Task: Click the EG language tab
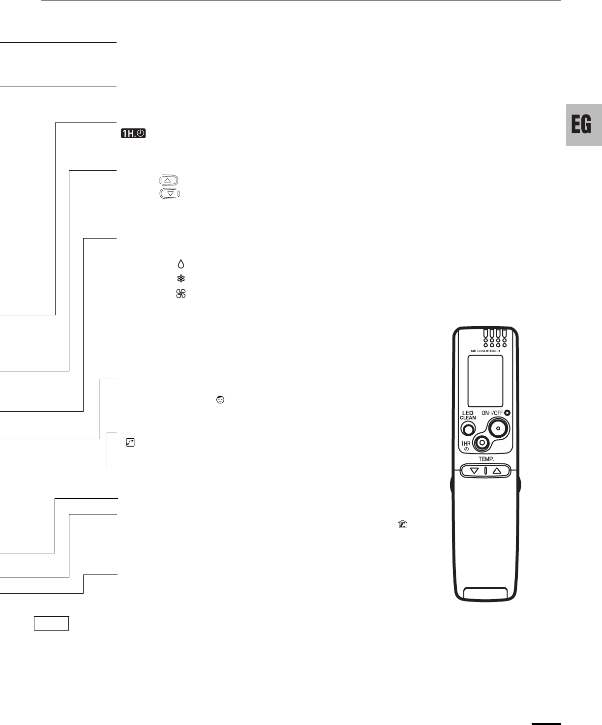[x=583, y=125]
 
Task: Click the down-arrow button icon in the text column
[x=170, y=194]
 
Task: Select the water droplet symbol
[x=181, y=264]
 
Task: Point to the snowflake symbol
[x=181, y=278]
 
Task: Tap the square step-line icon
[x=130, y=443]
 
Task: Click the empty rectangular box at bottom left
[x=52, y=623]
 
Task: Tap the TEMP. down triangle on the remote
[x=474, y=471]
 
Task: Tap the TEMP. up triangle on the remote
[x=497, y=471]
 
